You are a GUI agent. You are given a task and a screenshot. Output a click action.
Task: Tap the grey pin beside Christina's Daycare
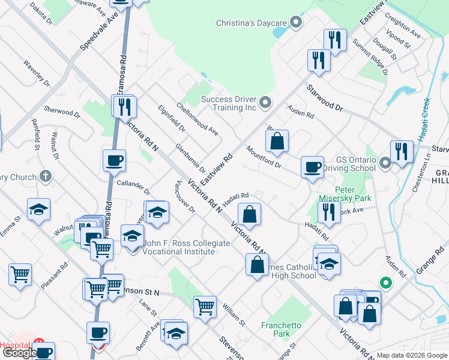coord(295,23)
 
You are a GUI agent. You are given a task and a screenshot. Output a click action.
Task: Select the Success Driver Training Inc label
coord(228,103)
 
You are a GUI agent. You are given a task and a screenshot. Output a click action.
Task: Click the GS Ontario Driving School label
coord(357,164)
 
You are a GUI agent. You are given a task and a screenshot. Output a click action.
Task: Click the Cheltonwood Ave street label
coord(197,118)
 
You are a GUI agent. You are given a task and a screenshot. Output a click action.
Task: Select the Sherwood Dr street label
coord(62,112)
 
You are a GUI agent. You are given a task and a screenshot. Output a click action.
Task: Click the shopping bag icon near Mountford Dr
coord(277,142)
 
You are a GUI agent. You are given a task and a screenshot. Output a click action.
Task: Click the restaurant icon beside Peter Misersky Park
coord(328,211)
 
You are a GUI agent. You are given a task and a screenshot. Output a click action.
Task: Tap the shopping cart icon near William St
coord(205,307)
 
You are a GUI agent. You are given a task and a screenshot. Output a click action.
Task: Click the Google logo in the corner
coord(19,353)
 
